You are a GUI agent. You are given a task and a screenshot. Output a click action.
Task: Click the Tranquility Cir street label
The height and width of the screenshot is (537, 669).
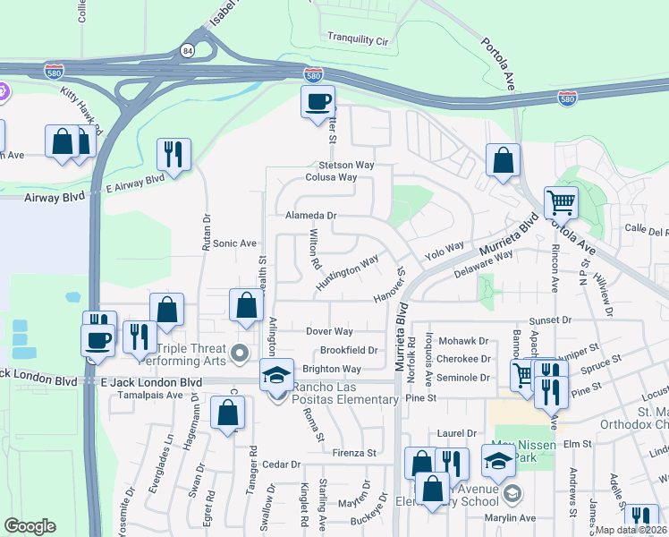(x=358, y=39)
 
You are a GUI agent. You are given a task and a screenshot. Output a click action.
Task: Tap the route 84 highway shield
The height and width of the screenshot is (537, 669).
(x=188, y=51)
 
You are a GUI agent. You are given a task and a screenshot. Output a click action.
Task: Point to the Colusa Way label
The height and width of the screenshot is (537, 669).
(x=331, y=177)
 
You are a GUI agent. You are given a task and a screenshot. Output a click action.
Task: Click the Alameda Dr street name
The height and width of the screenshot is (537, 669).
(x=310, y=216)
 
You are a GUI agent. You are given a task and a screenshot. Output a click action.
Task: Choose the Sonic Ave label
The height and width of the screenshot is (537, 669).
(x=234, y=243)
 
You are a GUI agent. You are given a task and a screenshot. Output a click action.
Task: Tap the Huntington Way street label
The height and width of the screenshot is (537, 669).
(x=347, y=274)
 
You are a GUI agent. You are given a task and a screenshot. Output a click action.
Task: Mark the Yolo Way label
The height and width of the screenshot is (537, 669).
(x=445, y=251)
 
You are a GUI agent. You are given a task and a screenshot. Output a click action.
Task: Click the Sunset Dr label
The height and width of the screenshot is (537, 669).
(x=549, y=320)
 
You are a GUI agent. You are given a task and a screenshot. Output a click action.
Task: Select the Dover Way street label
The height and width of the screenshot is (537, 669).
(x=329, y=331)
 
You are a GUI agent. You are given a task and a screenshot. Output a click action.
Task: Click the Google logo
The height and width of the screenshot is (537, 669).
(x=30, y=526)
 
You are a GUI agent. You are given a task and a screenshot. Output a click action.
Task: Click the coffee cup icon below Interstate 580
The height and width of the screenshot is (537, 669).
(x=317, y=103)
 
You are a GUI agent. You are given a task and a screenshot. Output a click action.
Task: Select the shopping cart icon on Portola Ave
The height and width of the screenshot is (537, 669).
(x=561, y=202)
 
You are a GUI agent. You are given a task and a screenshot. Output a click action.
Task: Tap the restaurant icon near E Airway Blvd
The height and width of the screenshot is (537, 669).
(x=174, y=153)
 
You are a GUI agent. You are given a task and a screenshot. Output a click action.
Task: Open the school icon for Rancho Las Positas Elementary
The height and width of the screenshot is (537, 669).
(x=277, y=374)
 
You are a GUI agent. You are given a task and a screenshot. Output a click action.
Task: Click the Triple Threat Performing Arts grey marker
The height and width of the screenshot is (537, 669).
(x=239, y=354)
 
